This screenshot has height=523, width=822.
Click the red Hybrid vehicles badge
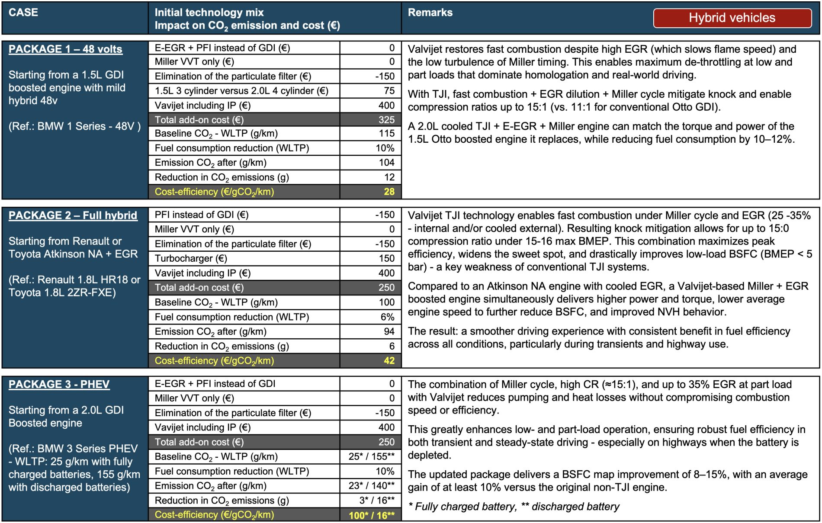click(x=732, y=18)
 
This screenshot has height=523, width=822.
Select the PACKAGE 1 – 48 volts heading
click(x=65, y=49)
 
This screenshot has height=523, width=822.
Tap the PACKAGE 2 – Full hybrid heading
click(x=73, y=215)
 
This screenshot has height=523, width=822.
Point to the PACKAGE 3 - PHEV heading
click(x=59, y=384)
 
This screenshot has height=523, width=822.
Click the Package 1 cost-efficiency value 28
click(x=389, y=192)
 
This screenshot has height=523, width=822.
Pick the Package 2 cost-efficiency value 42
click(x=389, y=360)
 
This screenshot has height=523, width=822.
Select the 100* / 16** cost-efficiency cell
click(x=372, y=515)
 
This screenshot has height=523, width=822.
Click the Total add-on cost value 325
click(x=386, y=120)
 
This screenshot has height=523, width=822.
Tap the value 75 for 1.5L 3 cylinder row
click(x=389, y=91)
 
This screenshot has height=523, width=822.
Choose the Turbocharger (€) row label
click(x=191, y=258)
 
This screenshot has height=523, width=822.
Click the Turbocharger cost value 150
click(x=386, y=258)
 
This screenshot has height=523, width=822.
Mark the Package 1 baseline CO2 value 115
click(x=386, y=133)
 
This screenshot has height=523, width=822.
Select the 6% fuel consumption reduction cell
click(x=387, y=317)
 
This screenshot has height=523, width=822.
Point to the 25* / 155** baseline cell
click(x=372, y=456)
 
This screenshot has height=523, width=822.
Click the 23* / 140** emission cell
click(x=372, y=485)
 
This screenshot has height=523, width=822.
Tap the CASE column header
click(x=23, y=13)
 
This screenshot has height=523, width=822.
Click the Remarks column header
click(x=430, y=13)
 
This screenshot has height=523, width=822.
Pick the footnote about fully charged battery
click(x=514, y=506)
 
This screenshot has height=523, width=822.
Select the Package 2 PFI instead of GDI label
click(x=202, y=215)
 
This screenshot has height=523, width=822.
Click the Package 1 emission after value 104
click(x=386, y=162)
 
